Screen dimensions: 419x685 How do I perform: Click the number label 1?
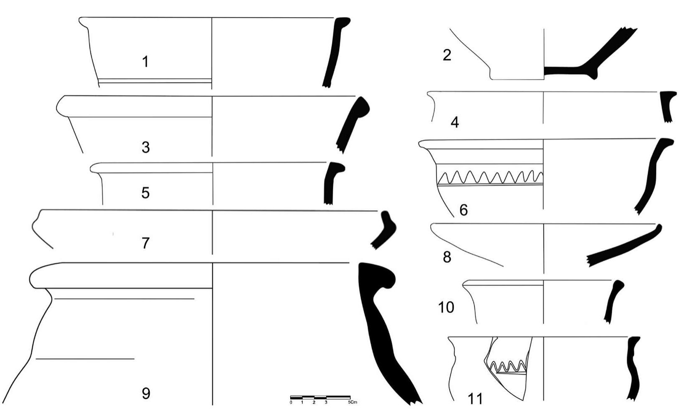tap(145, 62)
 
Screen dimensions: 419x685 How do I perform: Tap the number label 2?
tap(447, 55)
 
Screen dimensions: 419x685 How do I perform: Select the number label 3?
tap(146, 147)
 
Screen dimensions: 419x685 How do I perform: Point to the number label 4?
tap(455, 122)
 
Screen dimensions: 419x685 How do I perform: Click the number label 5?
tap(145, 193)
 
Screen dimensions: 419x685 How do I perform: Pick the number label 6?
tap(463, 210)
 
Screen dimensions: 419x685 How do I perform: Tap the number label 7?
tap(145, 243)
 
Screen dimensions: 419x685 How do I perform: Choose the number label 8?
tap(447, 257)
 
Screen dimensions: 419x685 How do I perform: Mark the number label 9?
tap(146, 393)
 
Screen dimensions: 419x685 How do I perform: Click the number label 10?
tap(446, 307)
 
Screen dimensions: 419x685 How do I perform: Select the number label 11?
tap(475, 398)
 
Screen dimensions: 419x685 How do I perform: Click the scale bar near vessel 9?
tap(320, 397)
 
